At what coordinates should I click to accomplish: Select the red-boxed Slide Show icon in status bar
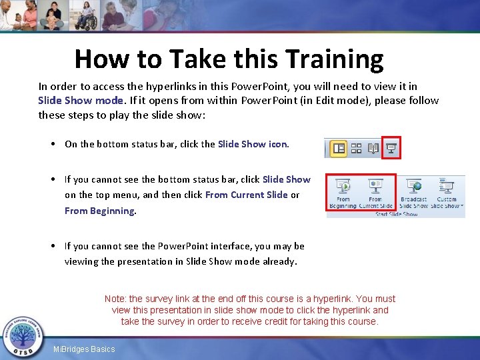(392, 148)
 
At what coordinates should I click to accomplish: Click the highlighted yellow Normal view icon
(339, 148)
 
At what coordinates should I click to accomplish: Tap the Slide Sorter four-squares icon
(356, 148)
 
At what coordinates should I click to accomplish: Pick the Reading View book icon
(373, 148)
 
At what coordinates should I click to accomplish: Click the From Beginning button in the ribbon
(343, 193)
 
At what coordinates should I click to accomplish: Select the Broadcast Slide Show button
(414, 193)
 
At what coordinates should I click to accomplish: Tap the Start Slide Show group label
(396, 214)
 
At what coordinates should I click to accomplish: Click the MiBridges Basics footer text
(84, 349)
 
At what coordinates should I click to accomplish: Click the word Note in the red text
(115, 299)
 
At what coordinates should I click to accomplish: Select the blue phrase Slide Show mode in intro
(81, 101)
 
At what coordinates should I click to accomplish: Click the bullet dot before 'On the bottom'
(52, 144)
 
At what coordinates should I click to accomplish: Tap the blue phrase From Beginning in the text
(99, 211)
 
